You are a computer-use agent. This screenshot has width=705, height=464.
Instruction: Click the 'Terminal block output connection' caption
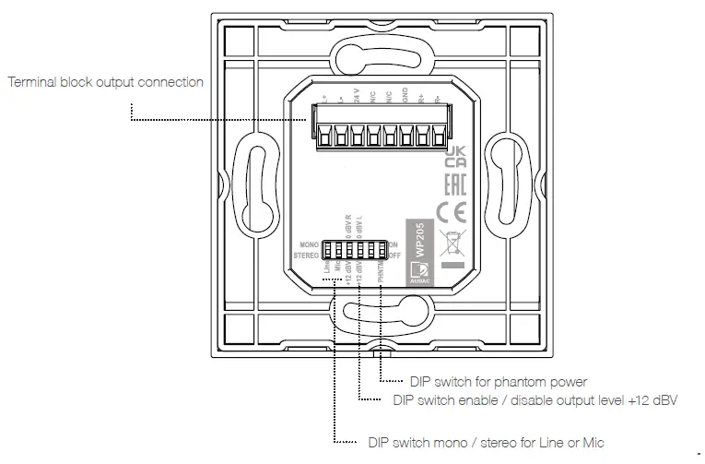[105, 82]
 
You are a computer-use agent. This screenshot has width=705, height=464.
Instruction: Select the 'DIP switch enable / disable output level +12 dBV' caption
[535, 400]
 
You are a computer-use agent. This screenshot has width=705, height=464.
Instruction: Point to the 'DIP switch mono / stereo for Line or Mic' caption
[485, 443]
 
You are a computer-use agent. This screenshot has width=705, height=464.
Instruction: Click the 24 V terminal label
[356, 96]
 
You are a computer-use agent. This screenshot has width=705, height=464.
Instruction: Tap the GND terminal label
[405, 96]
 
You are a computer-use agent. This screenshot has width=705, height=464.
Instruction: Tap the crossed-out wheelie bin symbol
[454, 243]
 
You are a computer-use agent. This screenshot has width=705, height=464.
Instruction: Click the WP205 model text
[418, 239]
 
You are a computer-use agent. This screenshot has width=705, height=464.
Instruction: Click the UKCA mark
[455, 155]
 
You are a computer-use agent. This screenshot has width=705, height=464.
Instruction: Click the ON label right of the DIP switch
[393, 244]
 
